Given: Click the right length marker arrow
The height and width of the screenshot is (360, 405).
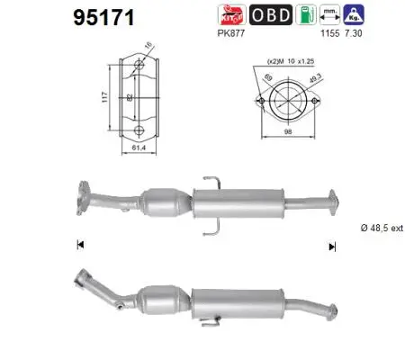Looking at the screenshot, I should [332, 245].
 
